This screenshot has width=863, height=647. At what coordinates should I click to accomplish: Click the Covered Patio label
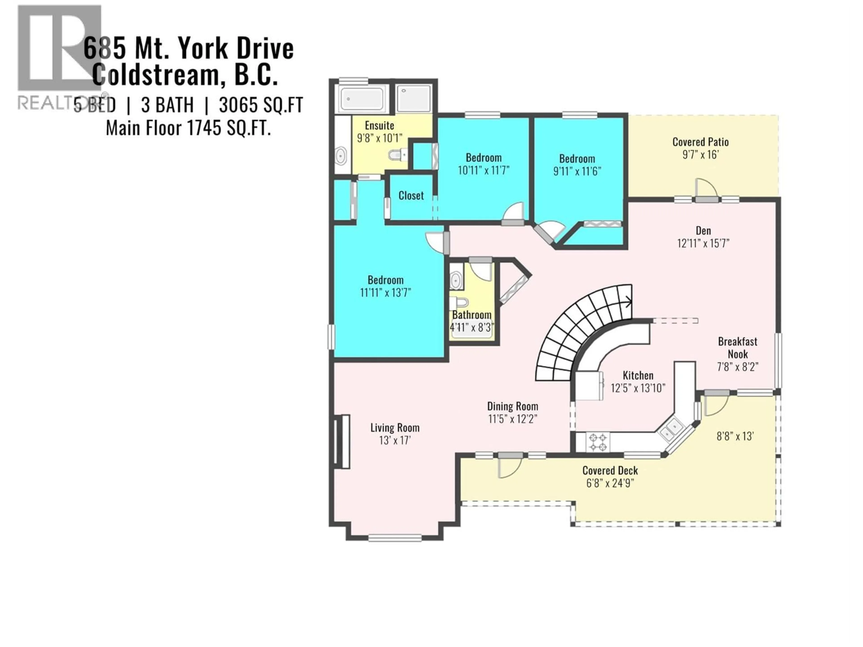(x=700, y=142)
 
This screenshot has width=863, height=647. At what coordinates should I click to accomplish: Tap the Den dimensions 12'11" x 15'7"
(x=703, y=243)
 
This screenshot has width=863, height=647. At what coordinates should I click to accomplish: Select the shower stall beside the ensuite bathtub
(x=414, y=99)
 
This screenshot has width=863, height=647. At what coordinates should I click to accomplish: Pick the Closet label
(x=411, y=195)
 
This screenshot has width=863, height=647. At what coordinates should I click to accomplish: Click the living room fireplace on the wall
(x=342, y=441)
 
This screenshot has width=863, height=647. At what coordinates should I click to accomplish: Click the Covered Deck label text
(x=610, y=471)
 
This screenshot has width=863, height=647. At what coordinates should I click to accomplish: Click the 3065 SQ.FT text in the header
(x=261, y=105)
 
